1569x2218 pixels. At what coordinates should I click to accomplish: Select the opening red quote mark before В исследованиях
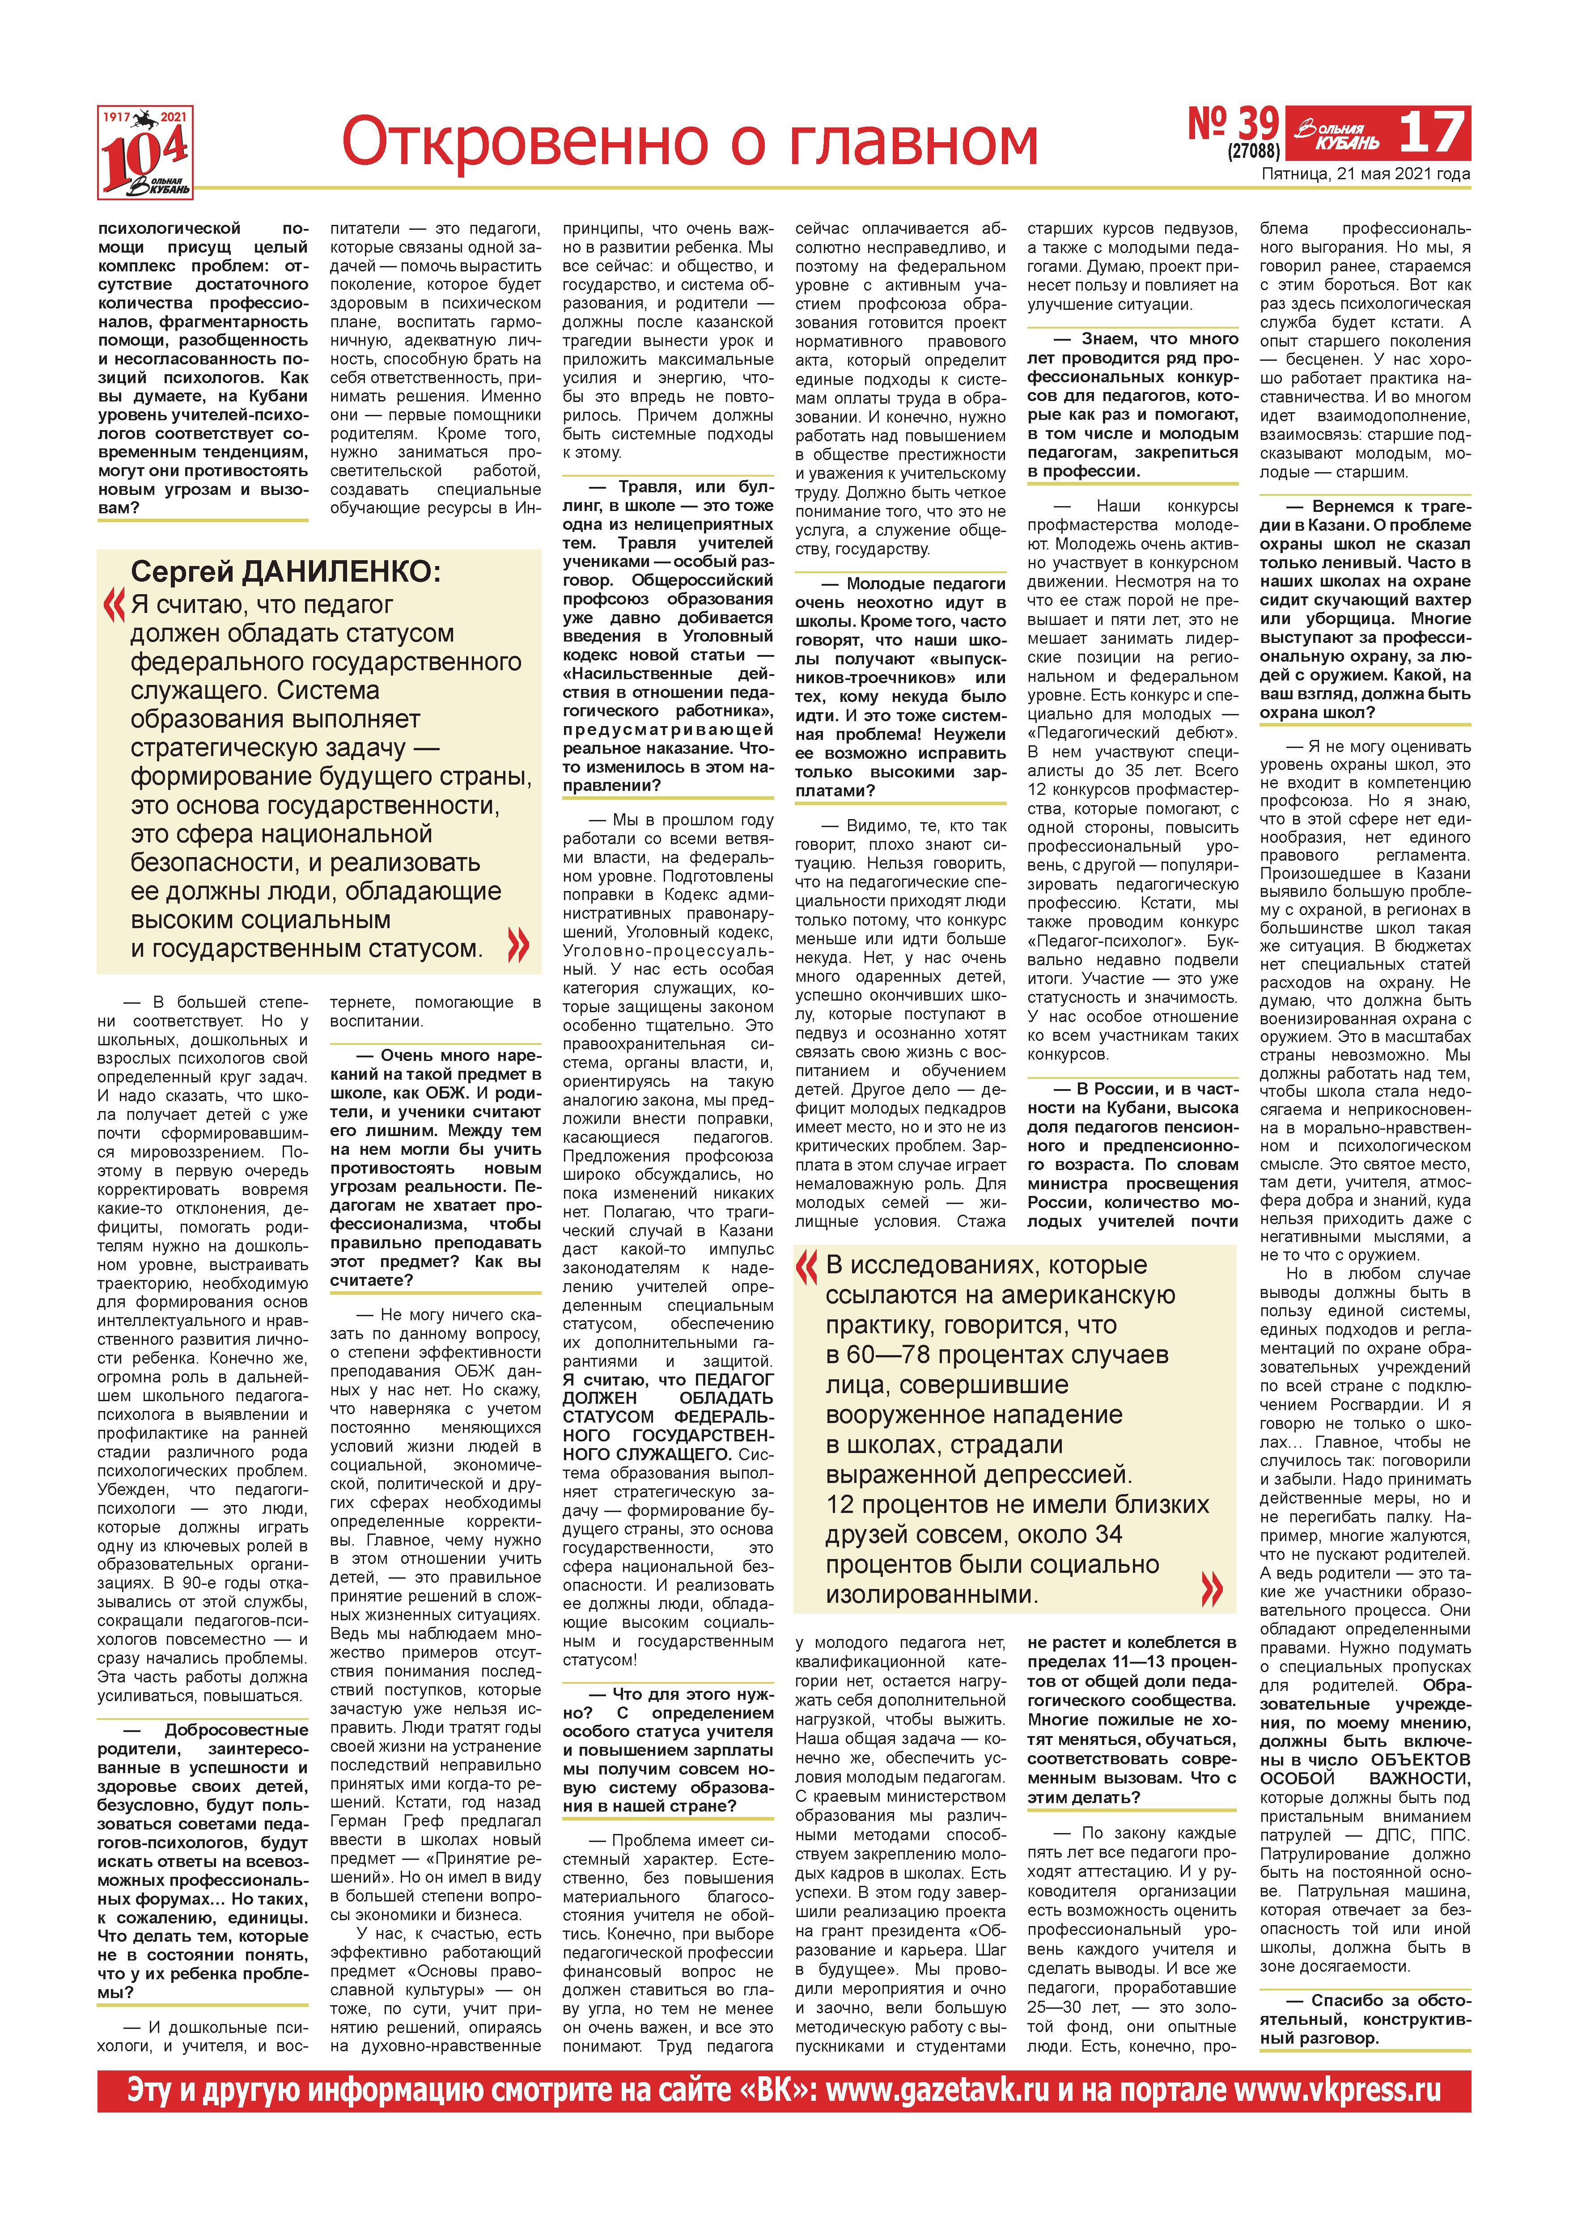[x=806, y=1267]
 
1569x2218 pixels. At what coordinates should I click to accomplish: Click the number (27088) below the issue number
[x=1253, y=152]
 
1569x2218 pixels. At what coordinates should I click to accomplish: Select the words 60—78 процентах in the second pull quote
[x=997, y=1354]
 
